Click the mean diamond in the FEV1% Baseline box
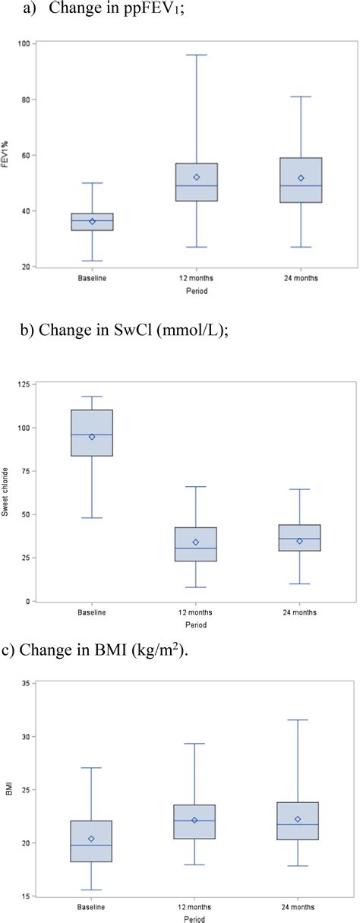(92, 221)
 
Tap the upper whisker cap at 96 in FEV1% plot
(197, 55)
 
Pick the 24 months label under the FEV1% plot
(301, 279)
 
